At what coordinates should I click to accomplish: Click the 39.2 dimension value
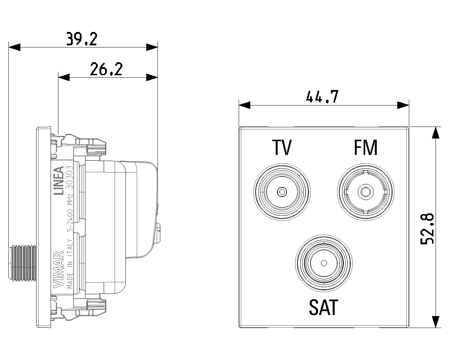tap(82, 39)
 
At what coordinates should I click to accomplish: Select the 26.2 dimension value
tap(106, 69)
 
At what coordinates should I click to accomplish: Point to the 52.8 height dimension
tap(428, 229)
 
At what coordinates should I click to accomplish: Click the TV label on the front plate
tap(282, 148)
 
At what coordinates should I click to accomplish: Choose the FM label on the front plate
tap(365, 148)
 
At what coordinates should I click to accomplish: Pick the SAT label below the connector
tap(323, 307)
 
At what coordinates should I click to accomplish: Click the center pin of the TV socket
tap(282, 192)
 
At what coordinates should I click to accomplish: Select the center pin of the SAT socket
tap(323, 263)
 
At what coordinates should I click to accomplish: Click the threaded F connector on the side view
tap(22, 263)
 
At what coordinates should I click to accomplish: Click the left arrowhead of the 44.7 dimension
tap(244, 104)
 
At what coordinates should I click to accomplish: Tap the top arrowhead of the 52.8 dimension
tap(436, 132)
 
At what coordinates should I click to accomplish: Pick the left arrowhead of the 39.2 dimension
tap(14, 47)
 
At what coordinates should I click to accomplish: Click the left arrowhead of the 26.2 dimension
tap(64, 77)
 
